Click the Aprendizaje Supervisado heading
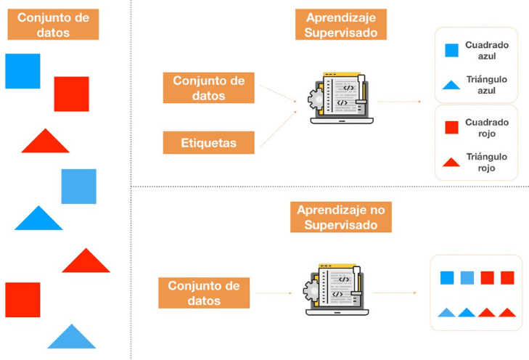click(x=341, y=25)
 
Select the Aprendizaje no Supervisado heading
click(x=340, y=217)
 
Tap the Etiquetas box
click(x=208, y=143)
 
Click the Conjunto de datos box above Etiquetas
click(x=209, y=88)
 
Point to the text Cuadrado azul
click(x=487, y=50)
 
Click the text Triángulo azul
click(x=487, y=84)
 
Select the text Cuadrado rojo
click(x=487, y=128)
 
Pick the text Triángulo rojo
click(x=487, y=162)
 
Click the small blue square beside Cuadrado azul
click(x=451, y=50)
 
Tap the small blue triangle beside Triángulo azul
click(x=451, y=85)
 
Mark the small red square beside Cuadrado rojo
click(x=451, y=128)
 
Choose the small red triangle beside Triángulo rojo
click(x=451, y=163)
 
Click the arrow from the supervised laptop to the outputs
click(x=401, y=102)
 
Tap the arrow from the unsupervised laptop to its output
click(x=397, y=293)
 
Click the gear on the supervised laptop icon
click(x=315, y=97)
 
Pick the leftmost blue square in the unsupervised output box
click(x=447, y=277)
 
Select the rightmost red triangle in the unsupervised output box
click(x=507, y=313)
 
